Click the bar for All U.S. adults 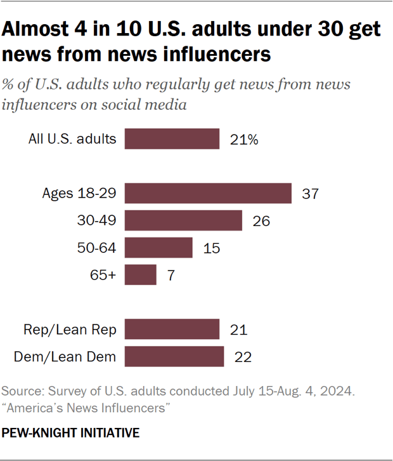tap(172, 139)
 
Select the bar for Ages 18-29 tap(208, 193)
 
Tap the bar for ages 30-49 tap(183, 220)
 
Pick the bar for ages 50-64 tap(158, 248)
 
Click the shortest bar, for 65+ tap(140, 275)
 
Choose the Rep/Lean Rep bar tap(172, 329)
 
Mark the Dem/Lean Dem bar tap(174, 356)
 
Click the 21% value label tap(244, 140)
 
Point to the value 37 tap(309, 194)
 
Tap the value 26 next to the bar tap(261, 221)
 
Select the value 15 tap(211, 248)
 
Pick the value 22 tap(242, 357)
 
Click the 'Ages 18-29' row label tap(79, 194)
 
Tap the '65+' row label tap(104, 276)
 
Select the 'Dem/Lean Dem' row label tap(65, 357)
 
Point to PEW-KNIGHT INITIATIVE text tap(70, 433)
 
